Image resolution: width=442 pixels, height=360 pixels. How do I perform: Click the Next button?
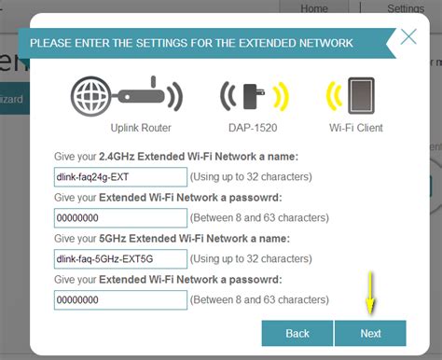[x=370, y=333]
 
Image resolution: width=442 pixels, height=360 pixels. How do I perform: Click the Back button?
[x=297, y=333]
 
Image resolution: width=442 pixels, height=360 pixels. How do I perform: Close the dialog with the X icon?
[x=408, y=38]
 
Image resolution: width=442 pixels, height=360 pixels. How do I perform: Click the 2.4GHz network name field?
[x=120, y=176]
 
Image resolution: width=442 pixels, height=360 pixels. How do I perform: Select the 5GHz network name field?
[x=120, y=258]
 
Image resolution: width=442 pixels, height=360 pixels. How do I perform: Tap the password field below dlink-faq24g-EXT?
[x=120, y=217]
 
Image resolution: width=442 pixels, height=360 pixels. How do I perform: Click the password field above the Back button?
[x=120, y=299]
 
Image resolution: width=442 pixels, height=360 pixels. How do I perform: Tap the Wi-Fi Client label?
[x=354, y=128]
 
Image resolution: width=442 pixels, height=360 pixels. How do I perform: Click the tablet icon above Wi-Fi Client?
[x=361, y=95]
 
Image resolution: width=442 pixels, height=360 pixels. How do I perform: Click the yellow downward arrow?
[x=370, y=293]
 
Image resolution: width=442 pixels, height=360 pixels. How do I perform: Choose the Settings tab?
[x=406, y=7]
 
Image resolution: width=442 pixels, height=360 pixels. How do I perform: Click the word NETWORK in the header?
[x=322, y=43]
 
